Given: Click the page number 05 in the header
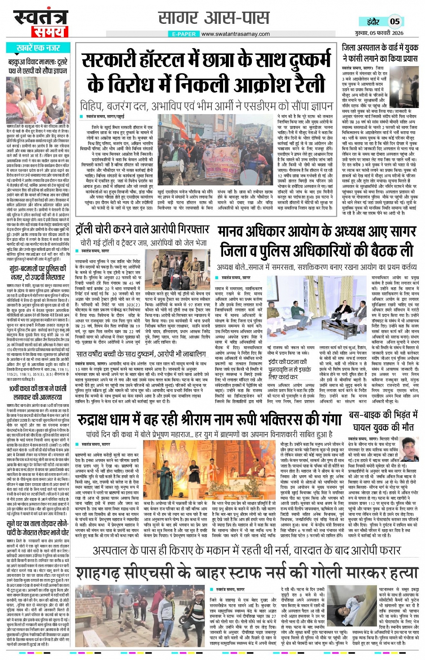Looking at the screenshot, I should click(x=394, y=21).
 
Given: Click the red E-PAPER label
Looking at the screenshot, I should click(x=184, y=34).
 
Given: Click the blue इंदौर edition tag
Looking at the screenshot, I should click(x=373, y=21).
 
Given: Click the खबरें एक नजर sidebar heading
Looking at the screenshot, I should click(x=38, y=48).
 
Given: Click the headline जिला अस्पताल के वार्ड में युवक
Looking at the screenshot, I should click(x=380, y=53).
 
